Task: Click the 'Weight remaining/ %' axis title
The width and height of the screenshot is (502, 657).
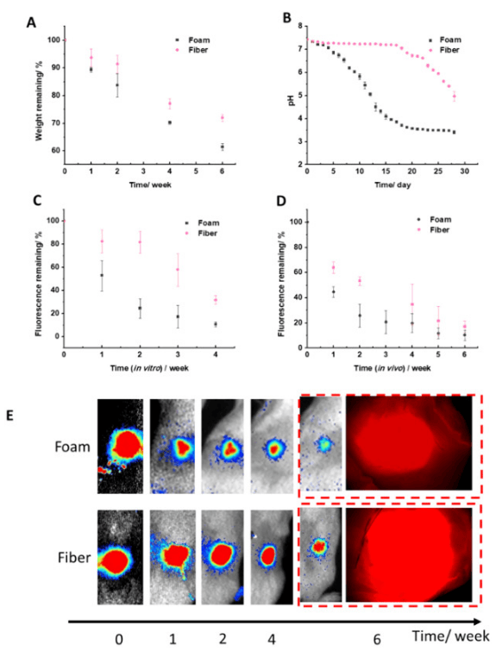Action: pyautogui.click(x=38, y=96)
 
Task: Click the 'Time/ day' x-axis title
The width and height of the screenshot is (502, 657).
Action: pyautogui.click(x=386, y=184)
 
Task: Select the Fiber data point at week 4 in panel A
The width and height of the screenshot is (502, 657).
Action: pyautogui.click(x=169, y=103)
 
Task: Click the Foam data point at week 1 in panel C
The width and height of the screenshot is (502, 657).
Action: pyautogui.click(x=102, y=275)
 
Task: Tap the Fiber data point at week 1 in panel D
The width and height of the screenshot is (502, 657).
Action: pyautogui.click(x=333, y=267)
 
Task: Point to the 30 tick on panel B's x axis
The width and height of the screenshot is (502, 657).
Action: pyautogui.click(x=465, y=172)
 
